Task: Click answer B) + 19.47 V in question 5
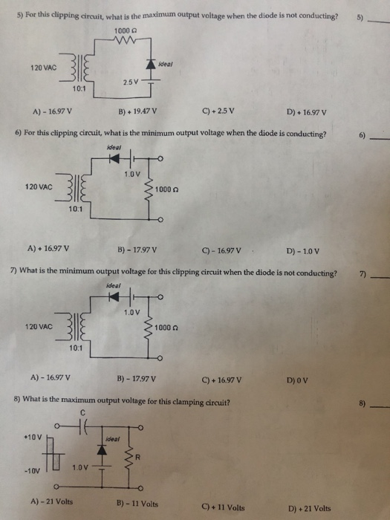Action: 138,114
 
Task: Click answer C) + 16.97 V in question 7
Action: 221,380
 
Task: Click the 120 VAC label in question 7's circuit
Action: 39,326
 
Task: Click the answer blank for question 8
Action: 378,406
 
